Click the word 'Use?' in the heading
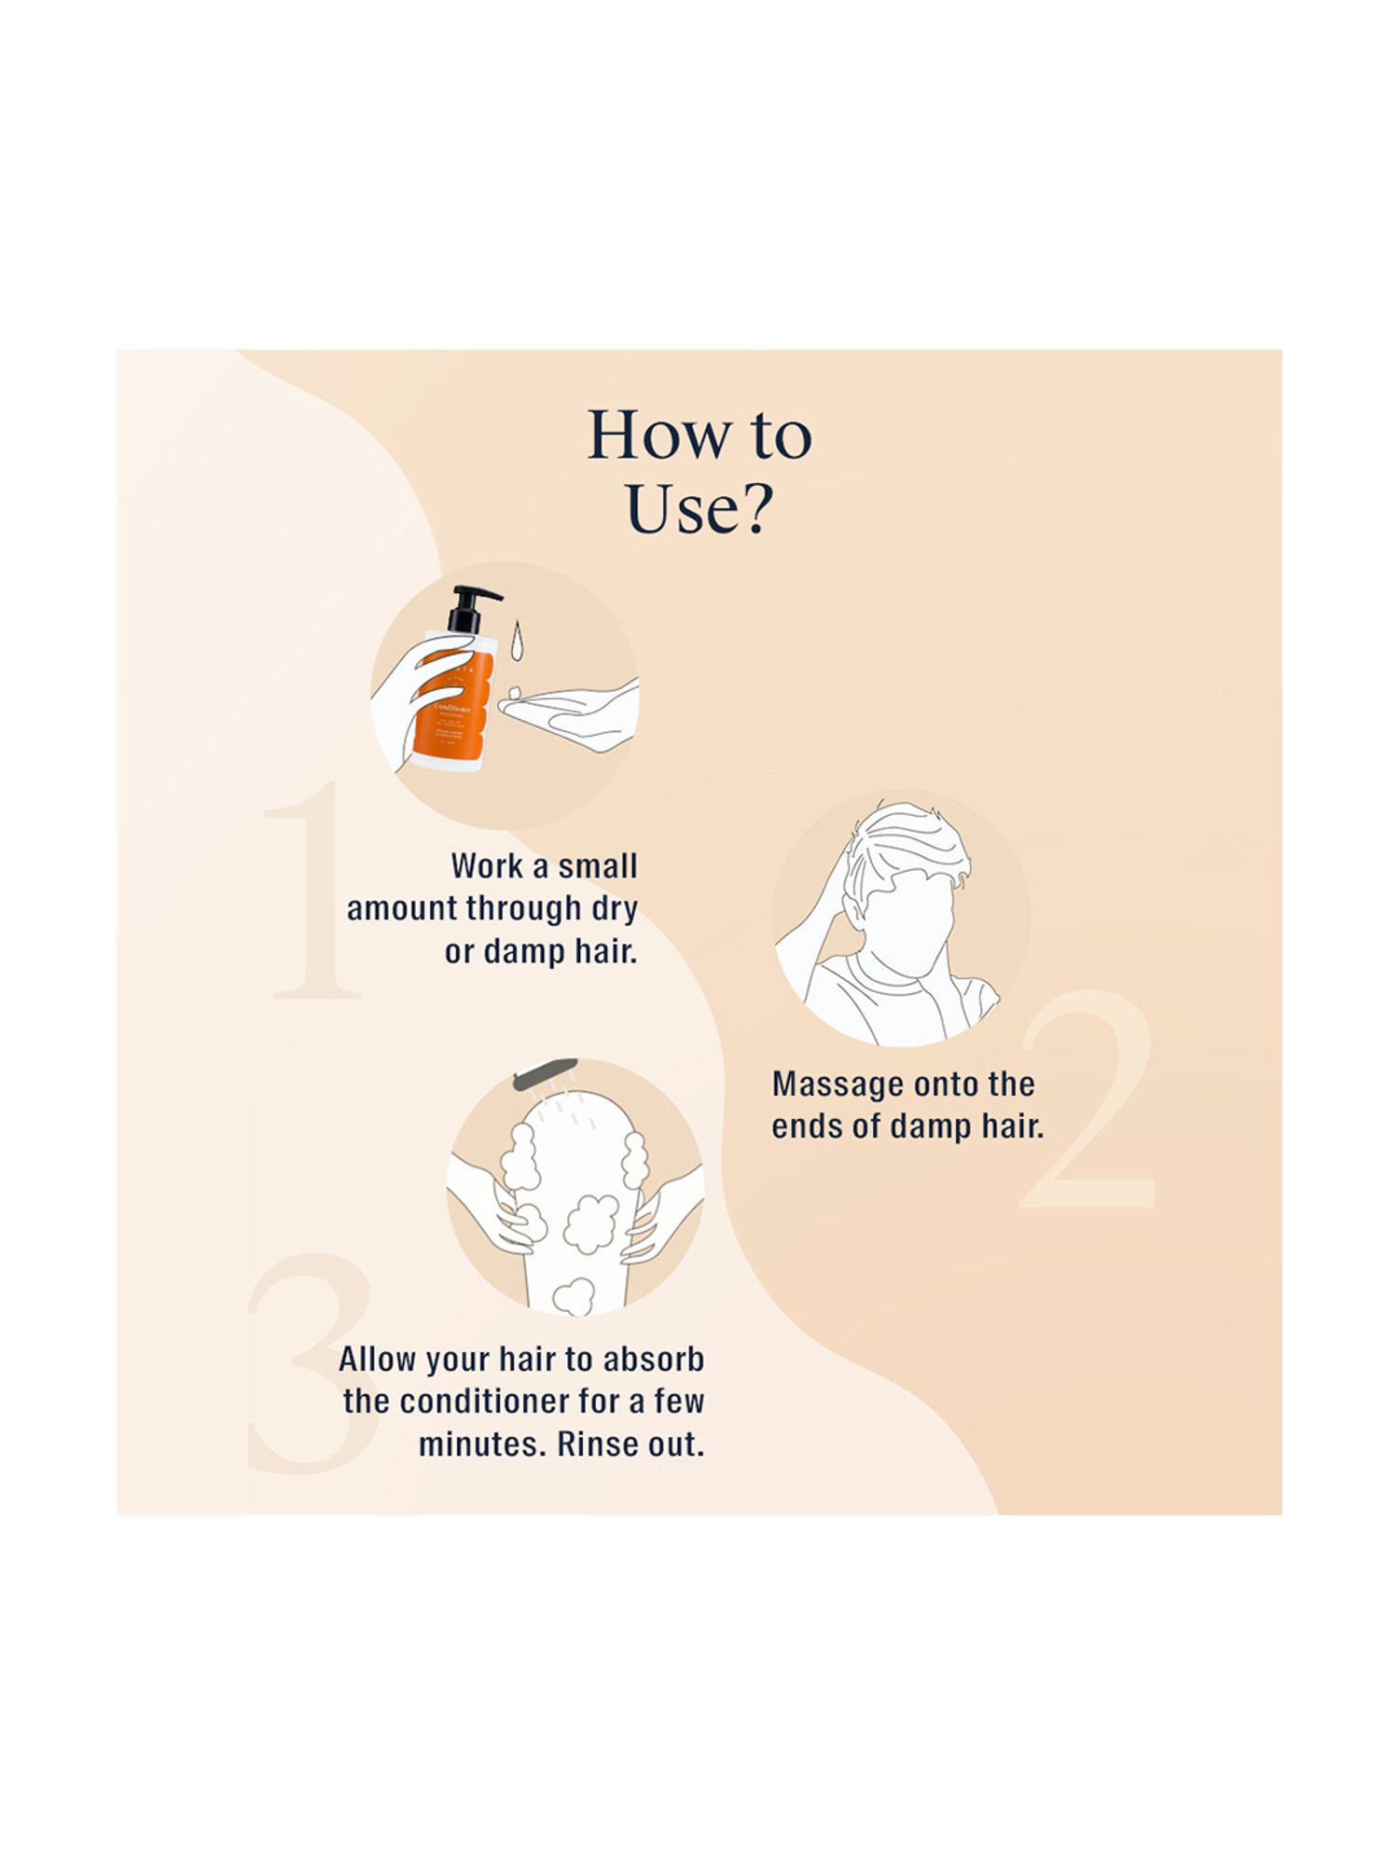699,509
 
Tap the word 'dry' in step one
614,908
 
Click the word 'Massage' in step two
838,1084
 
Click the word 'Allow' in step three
377,1360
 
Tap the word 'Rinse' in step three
594,1444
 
